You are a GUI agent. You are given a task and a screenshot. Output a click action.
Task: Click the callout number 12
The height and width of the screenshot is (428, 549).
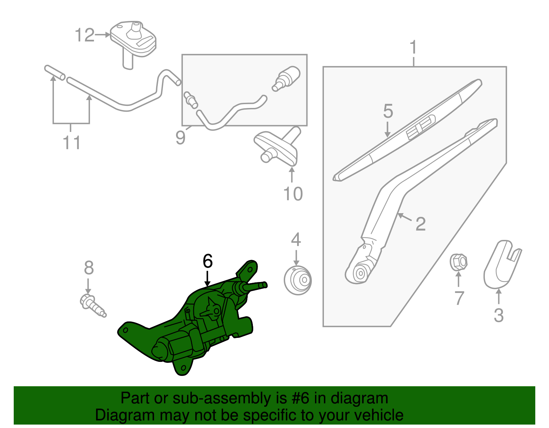[84, 35]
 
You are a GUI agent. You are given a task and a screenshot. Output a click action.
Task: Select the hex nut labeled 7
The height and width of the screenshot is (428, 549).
[458, 262]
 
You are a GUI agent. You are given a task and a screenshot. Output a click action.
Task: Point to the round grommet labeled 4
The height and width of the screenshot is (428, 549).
[298, 280]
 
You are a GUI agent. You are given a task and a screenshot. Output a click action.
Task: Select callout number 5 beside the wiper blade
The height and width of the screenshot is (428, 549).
[388, 111]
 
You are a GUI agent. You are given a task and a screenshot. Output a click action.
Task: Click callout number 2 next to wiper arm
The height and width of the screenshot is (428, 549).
[420, 224]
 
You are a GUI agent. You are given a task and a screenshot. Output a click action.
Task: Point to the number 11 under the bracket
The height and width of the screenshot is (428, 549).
[72, 143]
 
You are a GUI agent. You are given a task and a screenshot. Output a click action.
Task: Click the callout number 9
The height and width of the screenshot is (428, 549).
[180, 137]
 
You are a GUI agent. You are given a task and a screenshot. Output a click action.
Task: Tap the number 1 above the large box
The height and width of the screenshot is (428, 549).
[413, 47]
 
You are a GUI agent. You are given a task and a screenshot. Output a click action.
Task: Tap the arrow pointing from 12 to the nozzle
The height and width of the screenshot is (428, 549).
[102, 35]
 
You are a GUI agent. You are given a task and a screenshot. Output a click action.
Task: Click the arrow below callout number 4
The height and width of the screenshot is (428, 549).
[296, 257]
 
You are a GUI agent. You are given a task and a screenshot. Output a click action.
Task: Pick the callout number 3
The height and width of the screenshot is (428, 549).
[499, 315]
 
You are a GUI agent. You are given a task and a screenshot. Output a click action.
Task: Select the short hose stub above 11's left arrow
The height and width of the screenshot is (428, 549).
[55, 72]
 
